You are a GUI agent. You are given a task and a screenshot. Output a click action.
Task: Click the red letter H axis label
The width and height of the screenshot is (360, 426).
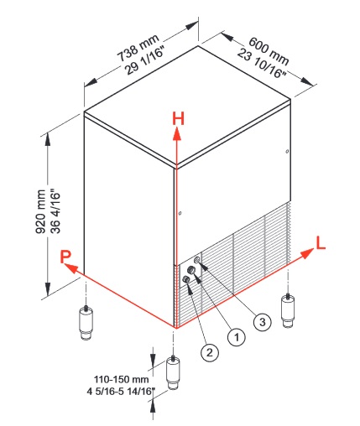tap(178, 118)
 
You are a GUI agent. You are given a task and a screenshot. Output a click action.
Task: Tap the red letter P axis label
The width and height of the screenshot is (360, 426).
tap(65, 257)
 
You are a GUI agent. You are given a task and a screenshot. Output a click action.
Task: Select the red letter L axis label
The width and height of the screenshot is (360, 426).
tap(321, 242)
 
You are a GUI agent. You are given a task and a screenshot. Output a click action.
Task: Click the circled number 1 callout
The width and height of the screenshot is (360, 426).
tap(237, 337)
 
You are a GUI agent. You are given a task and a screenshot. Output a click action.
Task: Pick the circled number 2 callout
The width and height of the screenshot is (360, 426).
tap(210, 352)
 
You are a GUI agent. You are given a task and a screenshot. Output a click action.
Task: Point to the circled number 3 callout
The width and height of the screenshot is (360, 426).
tap(263, 322)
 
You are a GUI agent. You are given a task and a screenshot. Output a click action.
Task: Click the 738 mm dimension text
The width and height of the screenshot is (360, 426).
tap(138, 48)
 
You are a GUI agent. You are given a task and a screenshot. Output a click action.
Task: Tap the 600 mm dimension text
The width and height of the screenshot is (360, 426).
tap(269, 49)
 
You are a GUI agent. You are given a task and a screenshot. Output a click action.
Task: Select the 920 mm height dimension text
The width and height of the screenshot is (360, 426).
tap(41, 211)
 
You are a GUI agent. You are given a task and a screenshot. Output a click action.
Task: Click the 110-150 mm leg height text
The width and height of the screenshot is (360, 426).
tap(121, 379)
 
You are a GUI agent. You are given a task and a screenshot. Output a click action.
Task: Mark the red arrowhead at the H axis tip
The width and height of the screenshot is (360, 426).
tap(176, 133)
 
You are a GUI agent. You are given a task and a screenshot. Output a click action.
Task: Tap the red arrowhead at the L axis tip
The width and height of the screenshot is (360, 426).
tap(307, 253)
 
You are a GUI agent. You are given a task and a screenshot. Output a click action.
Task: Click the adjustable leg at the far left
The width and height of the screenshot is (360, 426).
tap(86, 322)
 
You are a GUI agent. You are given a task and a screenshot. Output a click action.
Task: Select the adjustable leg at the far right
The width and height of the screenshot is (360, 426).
tap(288, 310)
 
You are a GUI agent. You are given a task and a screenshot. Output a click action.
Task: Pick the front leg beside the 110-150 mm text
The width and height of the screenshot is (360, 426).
tap(174, 372)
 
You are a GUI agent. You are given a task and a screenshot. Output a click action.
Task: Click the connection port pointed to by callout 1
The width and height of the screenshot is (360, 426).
tap(191, 270)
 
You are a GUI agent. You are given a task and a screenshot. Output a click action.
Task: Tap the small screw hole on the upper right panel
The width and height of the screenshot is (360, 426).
tap(287, 152)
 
